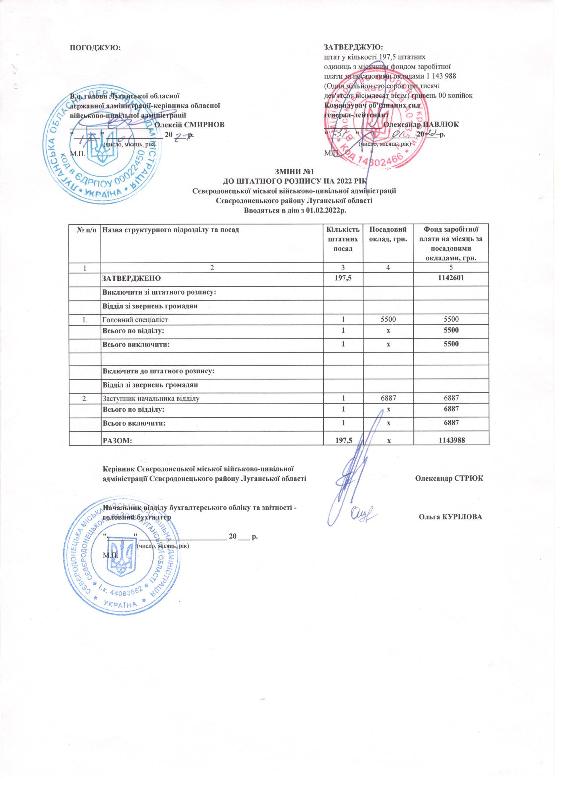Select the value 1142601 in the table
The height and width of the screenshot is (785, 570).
pyautogui.click(x=452, y=278)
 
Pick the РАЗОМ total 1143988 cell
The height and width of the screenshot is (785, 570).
pyautogui.click(x=452, y=440)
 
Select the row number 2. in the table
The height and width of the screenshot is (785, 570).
pyautogui.click(x=85, y=399)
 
